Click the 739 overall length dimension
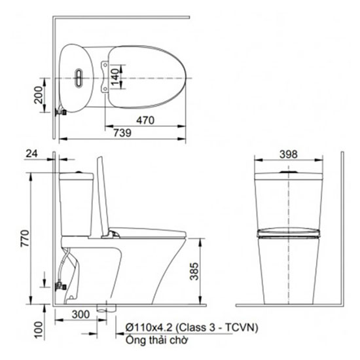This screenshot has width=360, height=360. click(122, 133)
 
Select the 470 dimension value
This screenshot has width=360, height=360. click(145, 120)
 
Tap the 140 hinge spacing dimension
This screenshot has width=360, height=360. click(116, 77)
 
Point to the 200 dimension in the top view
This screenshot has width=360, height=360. click(39, 95)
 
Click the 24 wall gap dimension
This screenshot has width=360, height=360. click(31, 154)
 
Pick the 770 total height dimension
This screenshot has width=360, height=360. click(26, 238)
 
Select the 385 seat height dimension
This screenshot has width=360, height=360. click(194, 272)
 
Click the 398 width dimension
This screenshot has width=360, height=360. click(289, 154)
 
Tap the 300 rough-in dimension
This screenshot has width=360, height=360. click(81, 314)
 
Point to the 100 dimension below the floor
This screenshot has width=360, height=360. click(39, 330)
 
